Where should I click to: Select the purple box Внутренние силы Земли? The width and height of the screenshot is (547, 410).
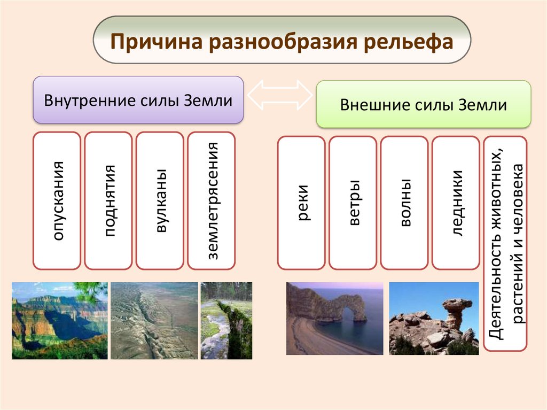coord(138,100)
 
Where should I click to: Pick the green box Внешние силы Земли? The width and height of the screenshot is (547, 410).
coord(424,104)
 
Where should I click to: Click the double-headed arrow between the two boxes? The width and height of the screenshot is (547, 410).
coord(280,95)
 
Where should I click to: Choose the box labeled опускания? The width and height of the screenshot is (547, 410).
coord(57,200)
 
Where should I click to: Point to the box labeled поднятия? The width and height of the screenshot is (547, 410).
coord(108,200)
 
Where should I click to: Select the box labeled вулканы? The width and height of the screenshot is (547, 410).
coord(160,200)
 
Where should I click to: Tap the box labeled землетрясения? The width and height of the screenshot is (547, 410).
coord(212,200)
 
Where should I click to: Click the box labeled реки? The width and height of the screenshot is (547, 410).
coord(301,203)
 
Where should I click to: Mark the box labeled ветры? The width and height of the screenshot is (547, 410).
coord(353,203)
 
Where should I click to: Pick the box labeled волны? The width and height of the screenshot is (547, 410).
coord(404,203)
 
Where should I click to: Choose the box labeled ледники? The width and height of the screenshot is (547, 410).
coord(456,203)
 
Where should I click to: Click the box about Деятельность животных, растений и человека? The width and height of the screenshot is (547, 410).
coord(505,243)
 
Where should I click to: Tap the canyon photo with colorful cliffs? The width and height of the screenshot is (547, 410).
coord(60,321)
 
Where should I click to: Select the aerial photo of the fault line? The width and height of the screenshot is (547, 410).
coord(154,321)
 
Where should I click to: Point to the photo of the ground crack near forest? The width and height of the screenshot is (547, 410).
coord(226,321)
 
